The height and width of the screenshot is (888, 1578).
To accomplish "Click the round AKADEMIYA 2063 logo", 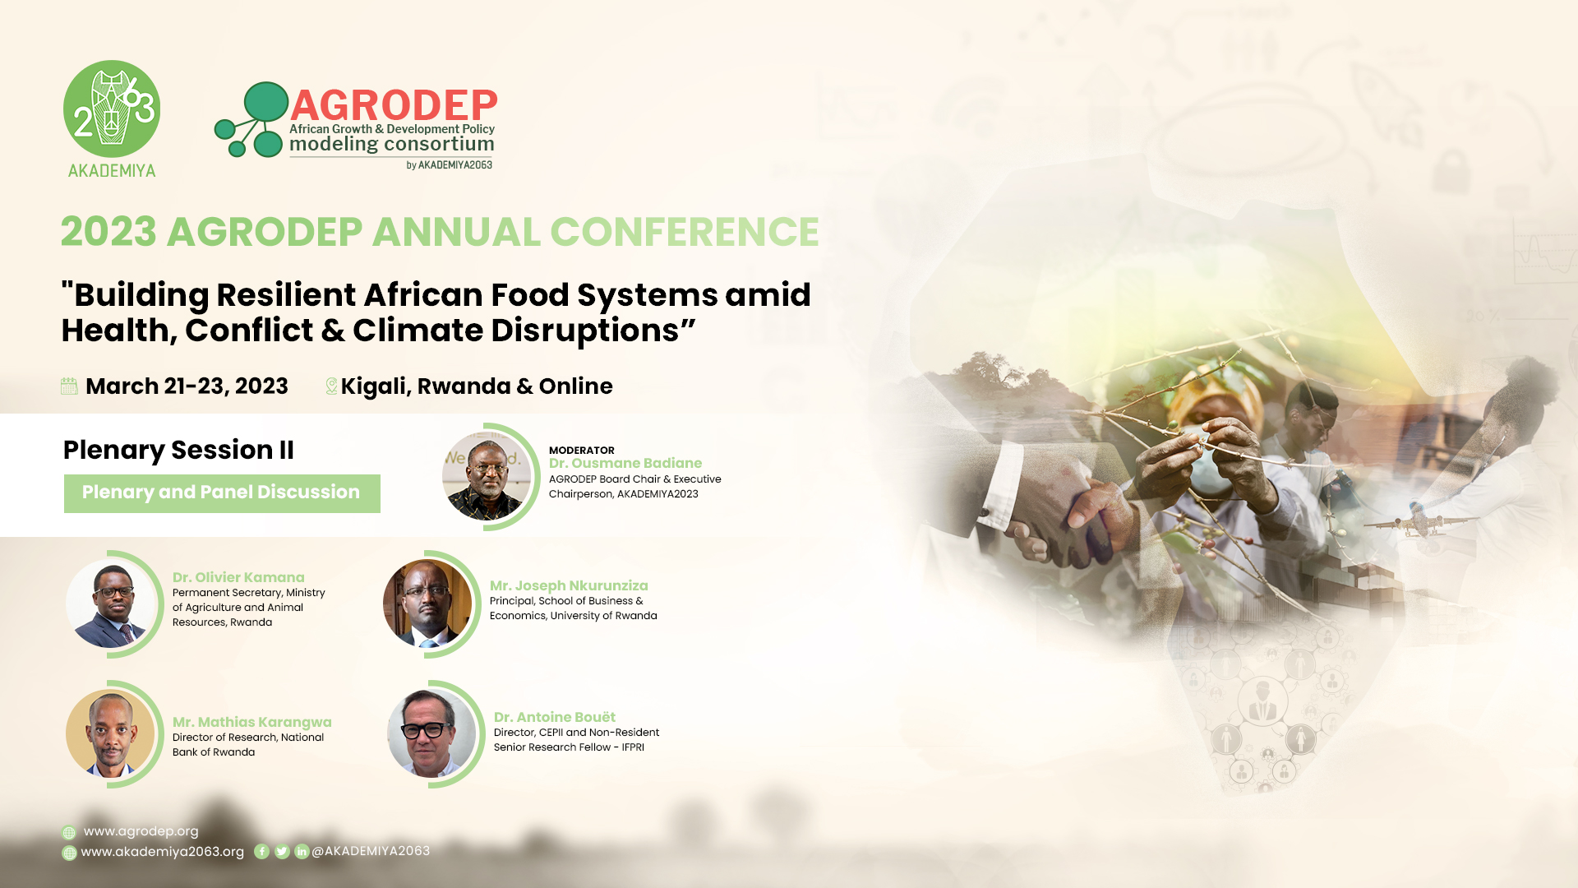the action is [x=112, y=109].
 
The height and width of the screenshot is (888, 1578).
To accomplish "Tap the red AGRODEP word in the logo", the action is [x=394, y=105].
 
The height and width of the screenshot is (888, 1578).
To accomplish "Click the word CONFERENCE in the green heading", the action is [x=684, y=232].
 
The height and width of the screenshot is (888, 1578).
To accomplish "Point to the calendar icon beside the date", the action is [x=69, y=386].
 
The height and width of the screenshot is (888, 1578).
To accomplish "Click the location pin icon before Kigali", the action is [x=331, y=386].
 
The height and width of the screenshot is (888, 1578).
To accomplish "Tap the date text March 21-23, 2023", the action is [x=187, y=386].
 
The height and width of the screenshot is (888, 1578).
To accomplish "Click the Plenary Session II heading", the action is [x=178, y=450].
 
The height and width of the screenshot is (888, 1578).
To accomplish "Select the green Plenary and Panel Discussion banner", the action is [x=222, y=493].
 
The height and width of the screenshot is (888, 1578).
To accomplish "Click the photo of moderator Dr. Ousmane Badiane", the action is [x=487, y=476].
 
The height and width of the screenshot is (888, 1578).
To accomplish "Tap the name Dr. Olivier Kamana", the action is [x=238, y=577].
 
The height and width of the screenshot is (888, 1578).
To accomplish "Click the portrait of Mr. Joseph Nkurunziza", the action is [x=427, y=604].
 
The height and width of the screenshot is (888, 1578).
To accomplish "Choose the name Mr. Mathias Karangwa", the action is [x=252, y=722].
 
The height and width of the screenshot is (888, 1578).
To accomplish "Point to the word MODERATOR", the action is [x=582, y=450].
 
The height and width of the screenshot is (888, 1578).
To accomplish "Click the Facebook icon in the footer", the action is [x=261, y=852].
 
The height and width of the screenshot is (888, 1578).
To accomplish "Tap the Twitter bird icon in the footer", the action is [x=282, y=852].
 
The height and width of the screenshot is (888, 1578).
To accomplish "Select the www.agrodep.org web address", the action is [x=141, y=831].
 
